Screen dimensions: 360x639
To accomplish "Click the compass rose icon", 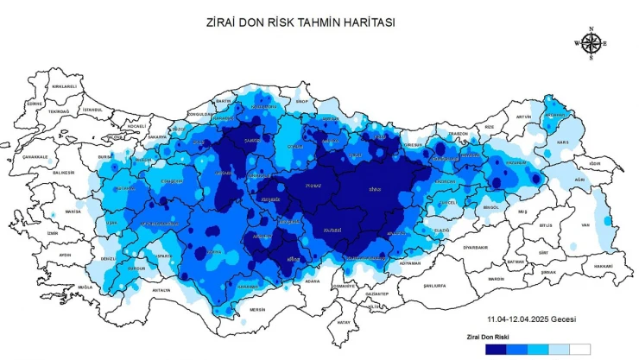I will (591, 43).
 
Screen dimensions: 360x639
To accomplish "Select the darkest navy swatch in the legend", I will (495, 350).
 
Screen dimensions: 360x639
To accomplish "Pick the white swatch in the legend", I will (579, 350).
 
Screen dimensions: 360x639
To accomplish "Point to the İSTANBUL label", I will (92, 110).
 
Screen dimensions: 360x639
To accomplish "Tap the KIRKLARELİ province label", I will (65, 86).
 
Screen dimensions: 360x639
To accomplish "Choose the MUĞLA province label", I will (84, 287).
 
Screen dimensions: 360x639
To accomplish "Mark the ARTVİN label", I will (523, 117).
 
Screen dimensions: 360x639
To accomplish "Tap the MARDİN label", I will (496, 279).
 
